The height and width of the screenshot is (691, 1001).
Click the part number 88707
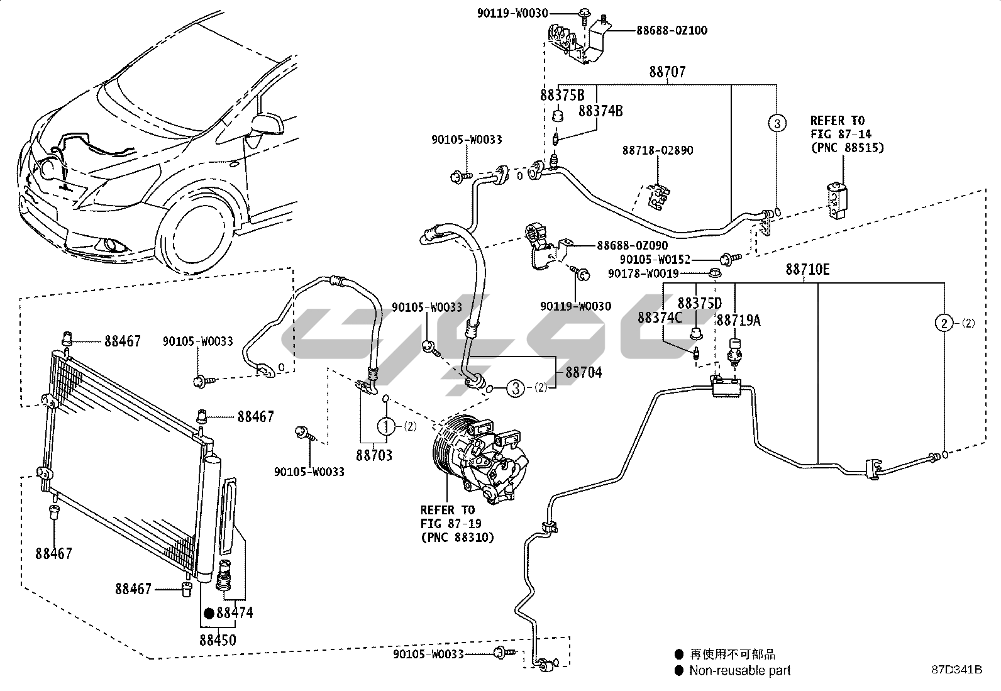point(667,72)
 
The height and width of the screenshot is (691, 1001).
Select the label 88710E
point(807,270)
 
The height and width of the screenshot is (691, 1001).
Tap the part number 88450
point(218,640)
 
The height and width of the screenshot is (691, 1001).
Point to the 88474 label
point(235,612)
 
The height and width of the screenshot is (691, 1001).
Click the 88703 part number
point(375,455)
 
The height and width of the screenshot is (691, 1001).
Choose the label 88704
point(583,373)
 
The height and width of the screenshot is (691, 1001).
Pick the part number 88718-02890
point(658,151)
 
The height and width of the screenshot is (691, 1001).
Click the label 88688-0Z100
point(663,30)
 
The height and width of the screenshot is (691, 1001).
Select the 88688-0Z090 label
point(632,246)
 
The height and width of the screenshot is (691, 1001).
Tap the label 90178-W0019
point(643,274)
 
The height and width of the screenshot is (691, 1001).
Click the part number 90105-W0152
point(655,259)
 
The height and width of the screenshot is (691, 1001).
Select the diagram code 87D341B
point(956,670)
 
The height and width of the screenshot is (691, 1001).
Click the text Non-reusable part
point(739,670)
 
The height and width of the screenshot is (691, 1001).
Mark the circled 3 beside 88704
point(516,389)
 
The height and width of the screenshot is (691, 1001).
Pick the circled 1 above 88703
point(386,426)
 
